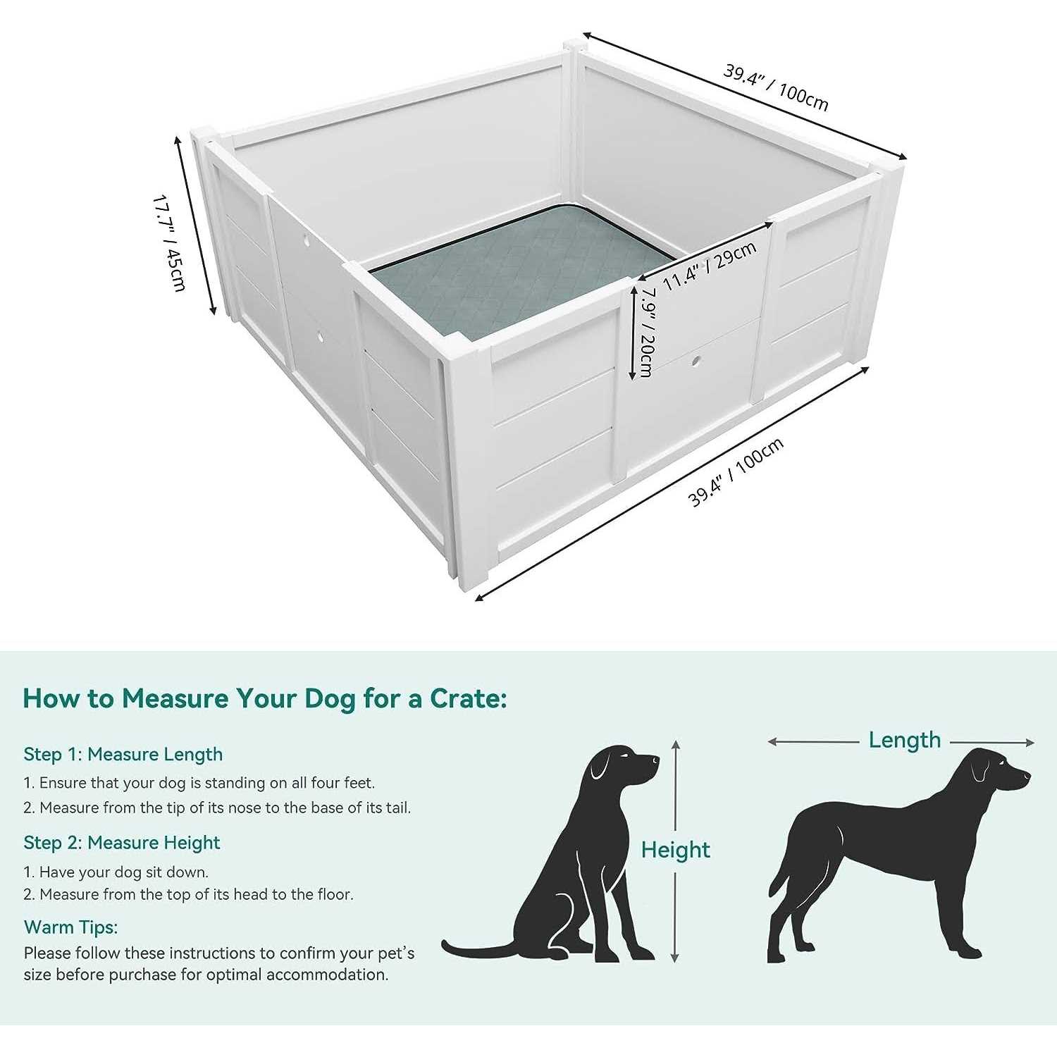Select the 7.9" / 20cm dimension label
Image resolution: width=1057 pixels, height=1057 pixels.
[646, 331]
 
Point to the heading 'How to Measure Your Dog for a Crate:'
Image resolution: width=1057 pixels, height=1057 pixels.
[265, 698]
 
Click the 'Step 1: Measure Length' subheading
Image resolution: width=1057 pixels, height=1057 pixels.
[123, 754]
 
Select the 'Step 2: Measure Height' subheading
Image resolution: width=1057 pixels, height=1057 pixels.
[122, 843]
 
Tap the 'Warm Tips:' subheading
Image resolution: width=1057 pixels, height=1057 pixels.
[71, 927]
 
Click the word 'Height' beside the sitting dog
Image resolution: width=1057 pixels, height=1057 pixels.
[675, 850]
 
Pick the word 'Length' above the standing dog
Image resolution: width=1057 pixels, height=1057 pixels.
[904, 740]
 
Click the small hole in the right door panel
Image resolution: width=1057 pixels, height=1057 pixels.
[696, 361]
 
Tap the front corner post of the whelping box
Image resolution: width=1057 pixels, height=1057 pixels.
[469, 465]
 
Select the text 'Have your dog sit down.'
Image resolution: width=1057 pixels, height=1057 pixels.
[123, 872]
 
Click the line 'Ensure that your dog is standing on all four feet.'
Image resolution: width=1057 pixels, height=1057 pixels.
[206, 783]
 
